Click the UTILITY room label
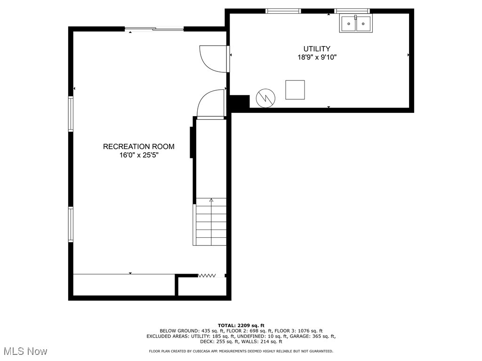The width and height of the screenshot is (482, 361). (316, 48)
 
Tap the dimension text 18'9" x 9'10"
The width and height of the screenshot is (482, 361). (316, 57)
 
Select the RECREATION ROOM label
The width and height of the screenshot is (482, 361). (138, 147)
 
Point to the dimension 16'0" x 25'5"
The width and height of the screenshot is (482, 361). (138, 156)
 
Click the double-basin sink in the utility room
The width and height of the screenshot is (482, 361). (356, 24)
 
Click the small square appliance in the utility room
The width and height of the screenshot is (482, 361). (295, 90)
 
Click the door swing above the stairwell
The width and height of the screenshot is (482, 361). (210, 103)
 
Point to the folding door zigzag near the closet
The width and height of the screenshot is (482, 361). (206, 275)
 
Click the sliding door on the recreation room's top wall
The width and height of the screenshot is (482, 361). (154, 29)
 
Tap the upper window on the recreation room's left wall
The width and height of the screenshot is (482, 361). (71, 113)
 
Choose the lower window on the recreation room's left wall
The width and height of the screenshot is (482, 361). (71, 224)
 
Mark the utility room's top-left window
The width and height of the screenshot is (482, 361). (283, 11)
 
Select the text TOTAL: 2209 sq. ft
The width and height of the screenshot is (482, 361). (241, 325)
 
